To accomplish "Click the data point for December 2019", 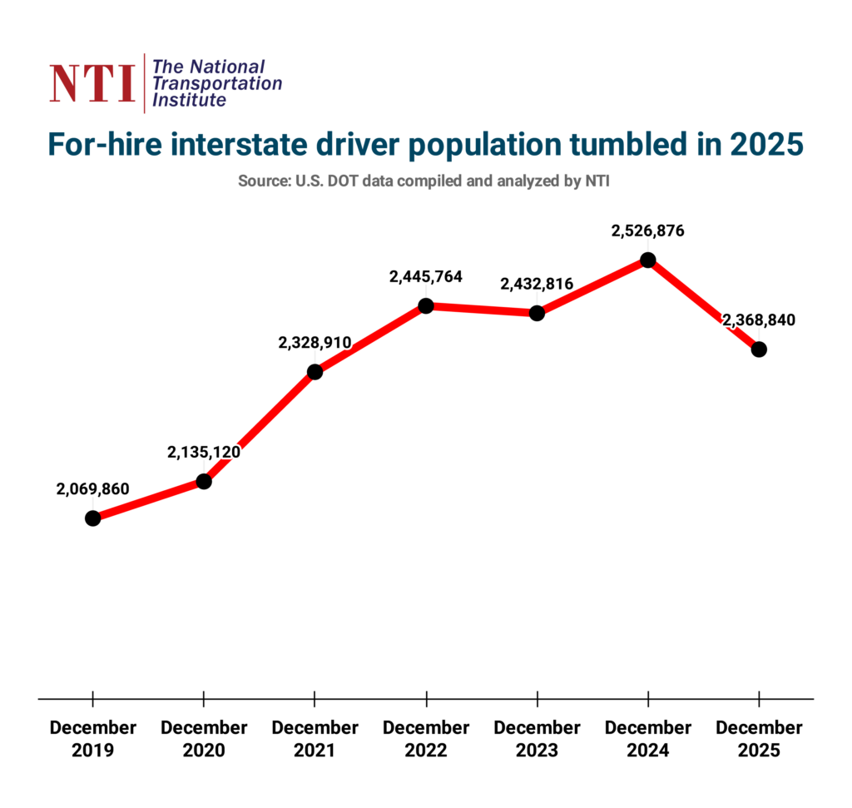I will pos(92,518).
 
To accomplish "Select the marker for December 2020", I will pos(204,481).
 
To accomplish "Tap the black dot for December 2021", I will pos(315,372).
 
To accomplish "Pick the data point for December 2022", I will pos(426,305).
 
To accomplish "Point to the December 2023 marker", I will pos(537,313).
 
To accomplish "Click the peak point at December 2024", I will pos(647,260).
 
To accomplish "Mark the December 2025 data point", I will pos(759,349).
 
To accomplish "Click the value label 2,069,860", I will pos(93,488).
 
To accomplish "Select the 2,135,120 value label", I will pos(204,453).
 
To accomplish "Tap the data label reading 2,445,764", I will pos(426,277).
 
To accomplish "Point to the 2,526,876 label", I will pos(647,231).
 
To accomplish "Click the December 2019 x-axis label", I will pos(92,738).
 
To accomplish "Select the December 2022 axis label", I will pos(426,738).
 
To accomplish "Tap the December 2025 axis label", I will pos(759,738).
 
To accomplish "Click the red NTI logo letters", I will pos(92,83).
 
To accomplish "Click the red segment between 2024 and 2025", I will pos(703,305).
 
